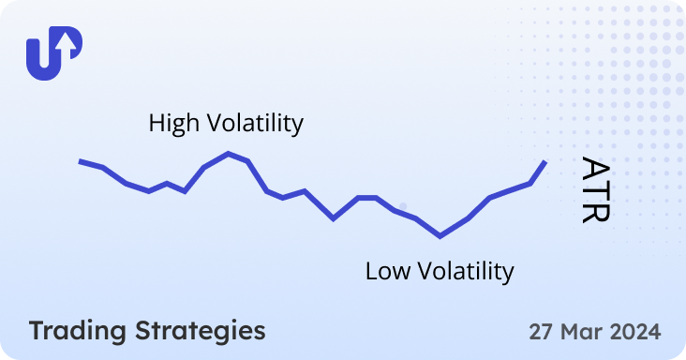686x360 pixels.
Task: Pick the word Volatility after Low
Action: point(464,272)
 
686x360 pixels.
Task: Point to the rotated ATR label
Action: point(596,189)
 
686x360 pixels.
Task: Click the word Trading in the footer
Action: point(78,331)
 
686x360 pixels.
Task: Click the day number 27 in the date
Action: point(542,332)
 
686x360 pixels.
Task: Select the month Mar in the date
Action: point(581,332)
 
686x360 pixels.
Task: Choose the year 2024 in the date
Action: point(634,332)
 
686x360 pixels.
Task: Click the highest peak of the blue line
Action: point(228,153)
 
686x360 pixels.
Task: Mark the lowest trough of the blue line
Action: point(440,236)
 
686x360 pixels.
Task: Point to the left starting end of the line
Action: point(81,161)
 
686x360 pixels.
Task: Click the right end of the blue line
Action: point(544,162)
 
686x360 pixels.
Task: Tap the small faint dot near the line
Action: point(403,205)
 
